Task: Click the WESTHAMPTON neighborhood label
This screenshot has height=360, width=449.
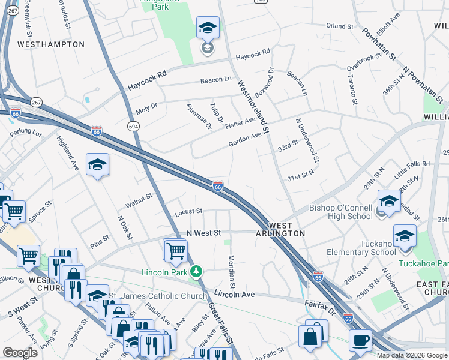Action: pyautogui.click(x=51, y=44)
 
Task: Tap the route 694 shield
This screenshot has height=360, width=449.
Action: pyautogui.click(x=133, y=125)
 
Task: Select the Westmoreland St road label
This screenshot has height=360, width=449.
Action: pyautogui.click(x=255, y=107)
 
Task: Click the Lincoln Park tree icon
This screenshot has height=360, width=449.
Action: pyautogui.click(x=195, y=272)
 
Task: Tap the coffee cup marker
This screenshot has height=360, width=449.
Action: pyautogui.click(x=360, y=339)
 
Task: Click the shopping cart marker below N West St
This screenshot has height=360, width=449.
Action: pyautogui.click(x=175, y=250)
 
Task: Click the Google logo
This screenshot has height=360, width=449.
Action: pyautogui.click(x=20, y=353)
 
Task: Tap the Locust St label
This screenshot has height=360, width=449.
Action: pyautogui.click(x=188, y=212)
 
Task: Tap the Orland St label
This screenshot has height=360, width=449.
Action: pyautogui.click(x=340, y=26)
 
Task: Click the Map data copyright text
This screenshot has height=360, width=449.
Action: pyautogui.click(x=411, y=355)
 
